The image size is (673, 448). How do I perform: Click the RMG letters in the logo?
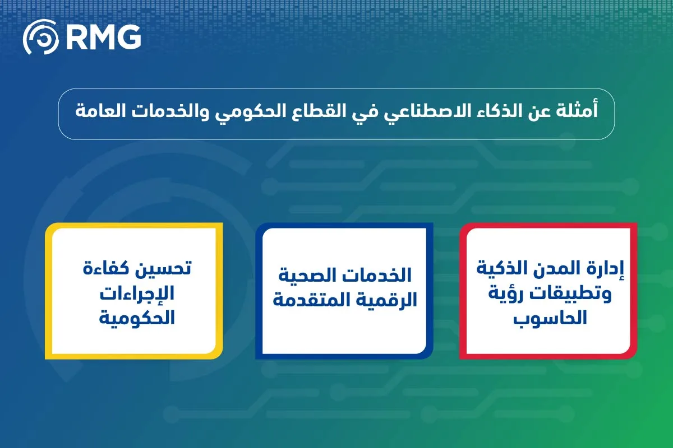coord(102,37)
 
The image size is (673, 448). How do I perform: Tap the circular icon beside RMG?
coord(40,37)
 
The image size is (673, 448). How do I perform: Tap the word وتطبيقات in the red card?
coord(584,294)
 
